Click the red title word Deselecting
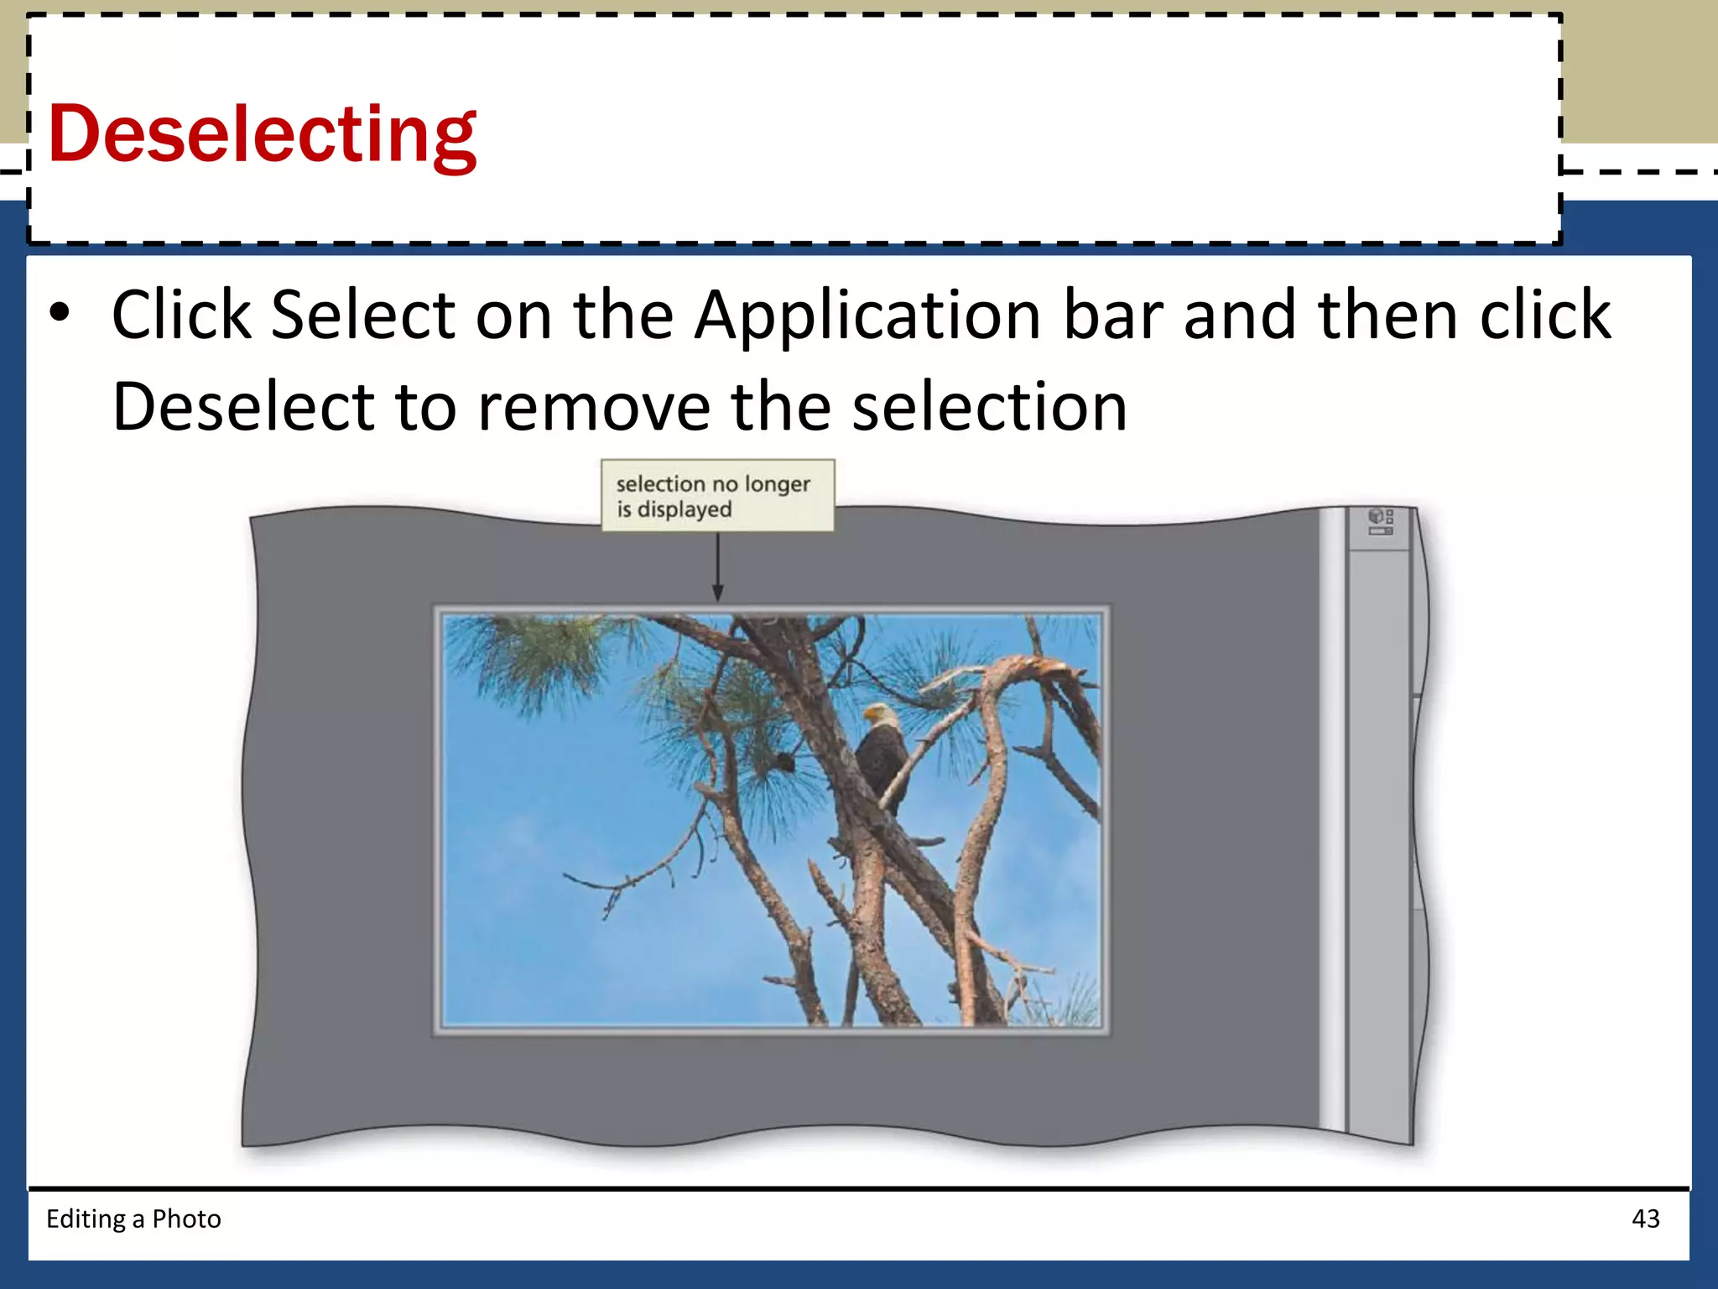coord(263,134)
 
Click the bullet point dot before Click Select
coord(60,313)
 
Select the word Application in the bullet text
coord(867,316)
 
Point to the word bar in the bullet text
coord(1111,315)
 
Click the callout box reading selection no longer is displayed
coord(717,495)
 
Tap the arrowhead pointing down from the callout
coord(717,592)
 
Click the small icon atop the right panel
coord(1380,521)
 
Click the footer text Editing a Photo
coord(133,1219)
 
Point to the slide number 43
coord(1645,1219)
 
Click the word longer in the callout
coord(778,484)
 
